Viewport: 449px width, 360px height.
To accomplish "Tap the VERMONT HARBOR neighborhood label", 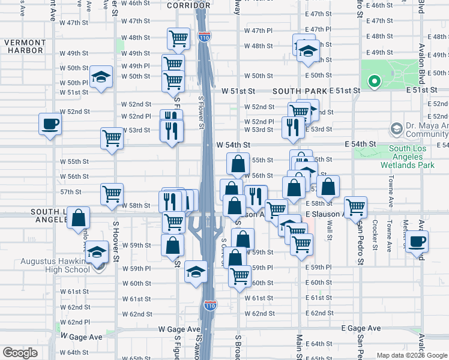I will (25, 46).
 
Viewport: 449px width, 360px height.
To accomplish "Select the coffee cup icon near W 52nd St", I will (50, 124).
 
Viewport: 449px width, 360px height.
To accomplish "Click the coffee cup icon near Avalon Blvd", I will (417, 241).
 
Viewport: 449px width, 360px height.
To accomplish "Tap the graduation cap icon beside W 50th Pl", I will (101, 77).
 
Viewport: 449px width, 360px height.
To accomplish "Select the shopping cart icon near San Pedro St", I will (355, 207).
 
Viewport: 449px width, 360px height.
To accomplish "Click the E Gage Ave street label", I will (361, 329).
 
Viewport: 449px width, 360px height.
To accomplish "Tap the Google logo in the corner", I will (20, 353).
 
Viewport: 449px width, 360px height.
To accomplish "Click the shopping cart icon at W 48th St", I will (178, 38).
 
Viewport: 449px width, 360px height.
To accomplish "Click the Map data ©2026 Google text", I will (412, 355).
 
